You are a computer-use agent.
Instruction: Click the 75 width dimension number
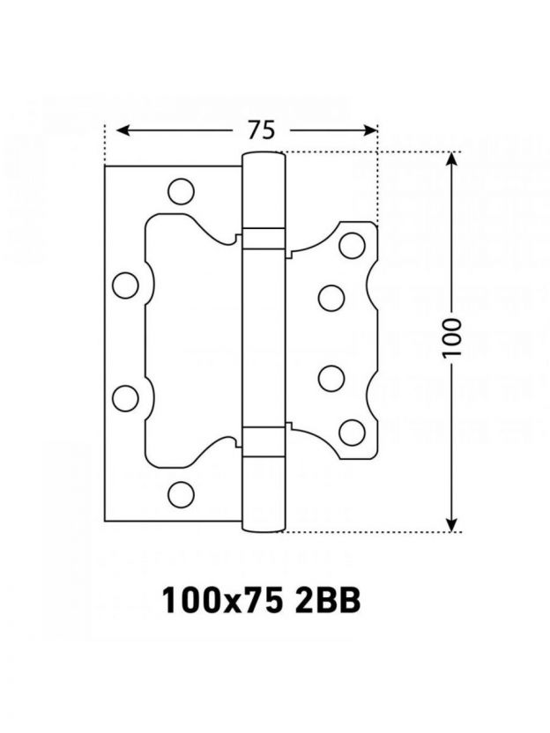262,130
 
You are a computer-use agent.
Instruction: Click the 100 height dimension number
452,337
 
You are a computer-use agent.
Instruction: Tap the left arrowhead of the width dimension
123,130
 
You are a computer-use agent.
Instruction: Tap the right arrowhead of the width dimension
369,130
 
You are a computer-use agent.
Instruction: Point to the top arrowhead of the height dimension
451,159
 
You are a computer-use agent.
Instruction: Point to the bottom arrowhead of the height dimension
451,524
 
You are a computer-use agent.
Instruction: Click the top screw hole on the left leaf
181,191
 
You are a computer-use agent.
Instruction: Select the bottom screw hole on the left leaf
181,494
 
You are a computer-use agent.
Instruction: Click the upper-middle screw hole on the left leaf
126,285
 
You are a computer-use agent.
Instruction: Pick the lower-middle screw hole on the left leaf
126,398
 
